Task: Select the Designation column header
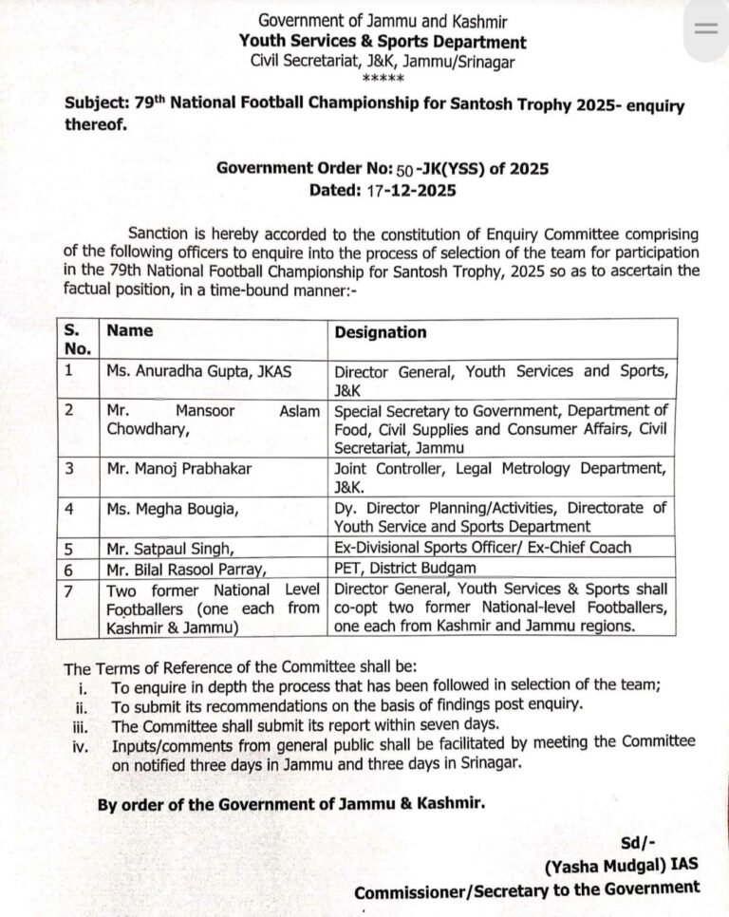[x=380, y=332]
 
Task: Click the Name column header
[x=130, y=331]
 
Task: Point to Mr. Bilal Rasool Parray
[x=181, y=568]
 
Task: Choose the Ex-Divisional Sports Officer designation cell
[x=482, y=548]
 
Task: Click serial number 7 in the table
[x=67, y=589]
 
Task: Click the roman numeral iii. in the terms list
[x=83, y=724]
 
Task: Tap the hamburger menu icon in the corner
[x=706, y=28]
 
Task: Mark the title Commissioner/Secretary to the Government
[x=527, y=889]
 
